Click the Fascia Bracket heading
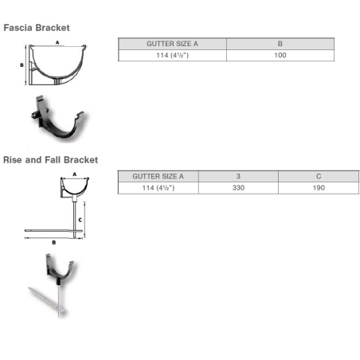click(x=37, y=28)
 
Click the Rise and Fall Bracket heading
click(x=50, y=160)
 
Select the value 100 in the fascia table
click(x=280, y=55)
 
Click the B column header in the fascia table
click(x=280, y=44)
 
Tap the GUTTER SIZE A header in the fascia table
click(x=172, y=44)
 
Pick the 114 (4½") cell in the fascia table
click(x=172, y=55)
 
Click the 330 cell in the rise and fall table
click(x=238, y=188)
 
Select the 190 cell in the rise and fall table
click(x=319, y=188)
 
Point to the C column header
click(x=319, y=176)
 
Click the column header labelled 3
click(x=238, y=176)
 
